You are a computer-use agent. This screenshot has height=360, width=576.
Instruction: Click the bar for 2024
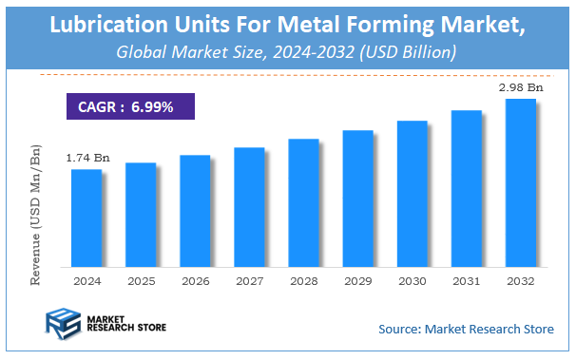click(x=86, y=218)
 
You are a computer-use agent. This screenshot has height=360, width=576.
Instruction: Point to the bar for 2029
click(x=356, y=199)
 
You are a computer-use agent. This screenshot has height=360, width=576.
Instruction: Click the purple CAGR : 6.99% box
click(x=129, y=106)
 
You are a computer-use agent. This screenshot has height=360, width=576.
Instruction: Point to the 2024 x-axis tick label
click(x=86, y=282)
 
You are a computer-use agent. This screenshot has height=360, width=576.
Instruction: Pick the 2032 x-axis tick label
click(x=519, y=282)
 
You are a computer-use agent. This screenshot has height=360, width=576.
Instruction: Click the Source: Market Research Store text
click(x=465, y=329)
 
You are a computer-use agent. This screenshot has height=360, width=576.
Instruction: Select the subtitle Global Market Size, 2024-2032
click(x=286, y=50)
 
